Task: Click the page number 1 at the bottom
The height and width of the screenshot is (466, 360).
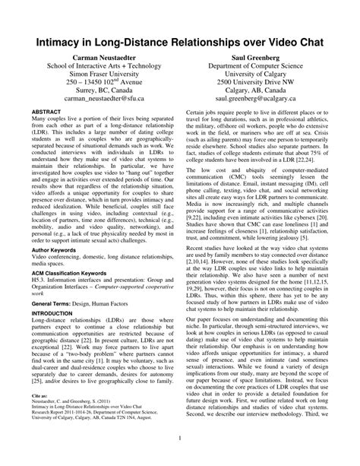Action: pyautogui.click(x=179, y=438)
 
